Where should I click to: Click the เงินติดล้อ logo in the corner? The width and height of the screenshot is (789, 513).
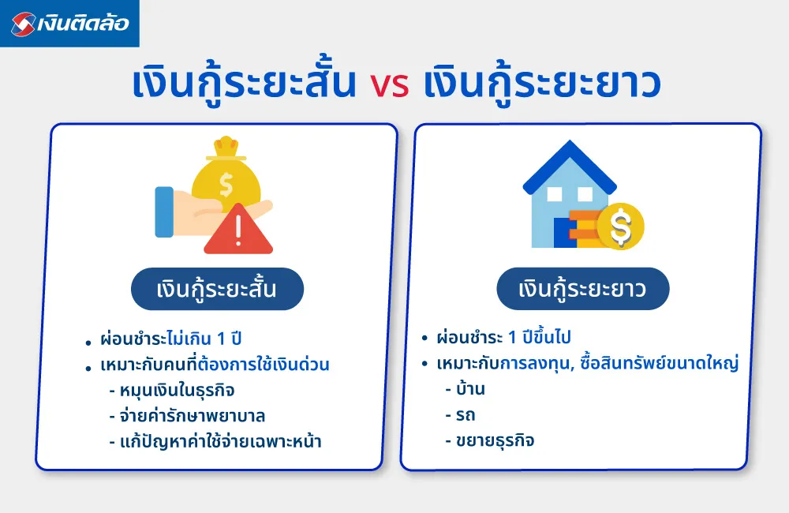coord(69,24)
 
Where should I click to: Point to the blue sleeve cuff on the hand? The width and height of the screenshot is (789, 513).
coord(164,212)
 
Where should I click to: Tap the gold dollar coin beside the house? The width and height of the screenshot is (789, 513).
coord(620,227)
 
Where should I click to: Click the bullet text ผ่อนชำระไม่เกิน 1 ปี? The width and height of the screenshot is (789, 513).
coord(170,341)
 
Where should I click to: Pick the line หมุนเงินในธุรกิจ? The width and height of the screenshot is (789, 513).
coord(178,391)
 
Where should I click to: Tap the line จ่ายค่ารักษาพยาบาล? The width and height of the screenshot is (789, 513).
coord(193,416)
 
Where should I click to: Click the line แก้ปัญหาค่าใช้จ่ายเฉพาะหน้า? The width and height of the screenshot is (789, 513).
coord(221,441)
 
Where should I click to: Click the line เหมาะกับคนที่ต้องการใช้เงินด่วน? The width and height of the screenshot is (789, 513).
coord(215,365)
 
